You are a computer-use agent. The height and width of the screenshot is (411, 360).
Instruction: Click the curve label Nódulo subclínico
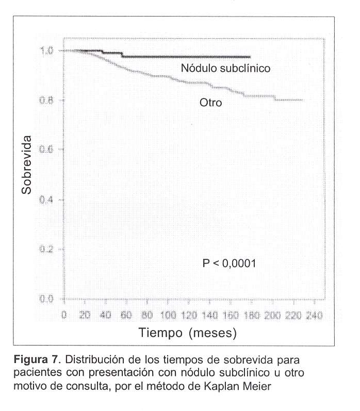click(x=225, y=68)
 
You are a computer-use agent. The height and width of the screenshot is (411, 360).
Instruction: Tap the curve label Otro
click(x=210, y=103)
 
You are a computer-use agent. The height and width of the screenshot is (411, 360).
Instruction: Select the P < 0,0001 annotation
click(x=228, y=264)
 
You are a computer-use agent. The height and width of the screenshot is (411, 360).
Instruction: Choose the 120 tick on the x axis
click(x=189, y=315)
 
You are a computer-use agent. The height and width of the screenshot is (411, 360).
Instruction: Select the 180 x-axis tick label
click(x=251, y=315)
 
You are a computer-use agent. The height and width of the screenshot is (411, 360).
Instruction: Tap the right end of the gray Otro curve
click(x=303, y=100)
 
